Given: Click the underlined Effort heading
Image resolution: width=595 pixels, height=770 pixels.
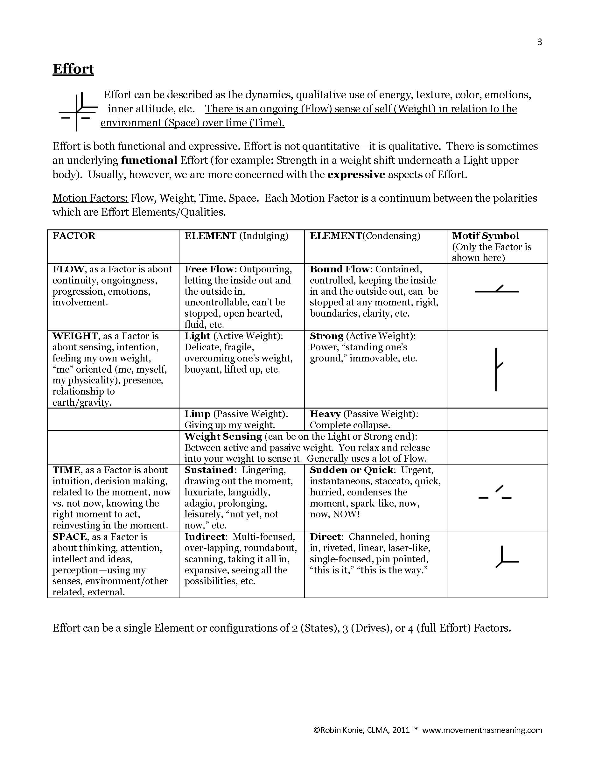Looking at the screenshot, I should pyautogui.click(x=73, y=69).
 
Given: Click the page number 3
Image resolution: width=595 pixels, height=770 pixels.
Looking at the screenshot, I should pyautogui.click(x=539, y=42).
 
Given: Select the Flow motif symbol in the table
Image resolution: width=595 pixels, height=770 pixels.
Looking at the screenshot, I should pyautogui.click(x=497, y=290).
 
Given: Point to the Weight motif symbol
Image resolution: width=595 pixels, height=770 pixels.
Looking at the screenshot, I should pyautogui.click(x=497, y=369).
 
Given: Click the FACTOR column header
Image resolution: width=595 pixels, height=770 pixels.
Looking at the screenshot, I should pyautogui.click(x=74, y=235).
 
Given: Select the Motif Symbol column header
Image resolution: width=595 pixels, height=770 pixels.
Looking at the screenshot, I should pyautogui.click(x=485, y=235).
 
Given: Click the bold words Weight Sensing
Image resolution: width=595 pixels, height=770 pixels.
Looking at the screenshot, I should pyautogui.click(x=223, y=436).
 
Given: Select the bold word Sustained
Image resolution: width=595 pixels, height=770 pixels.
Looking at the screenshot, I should pyautogui.click(x=209, y=470).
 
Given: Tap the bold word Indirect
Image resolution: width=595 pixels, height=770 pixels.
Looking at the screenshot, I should pyautogui.click(x=205, y=536).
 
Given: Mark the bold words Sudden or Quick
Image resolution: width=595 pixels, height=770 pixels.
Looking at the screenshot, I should pyautogui.click(x=351, y=470).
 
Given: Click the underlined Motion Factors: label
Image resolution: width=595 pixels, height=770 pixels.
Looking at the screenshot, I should pyautogui.click(x=90, y=198).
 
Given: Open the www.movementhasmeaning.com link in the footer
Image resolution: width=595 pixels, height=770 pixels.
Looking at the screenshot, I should pyautogui.click(x=482, y=730).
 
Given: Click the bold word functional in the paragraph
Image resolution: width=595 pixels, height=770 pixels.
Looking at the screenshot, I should pyautogui.click(x=149, y=160).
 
